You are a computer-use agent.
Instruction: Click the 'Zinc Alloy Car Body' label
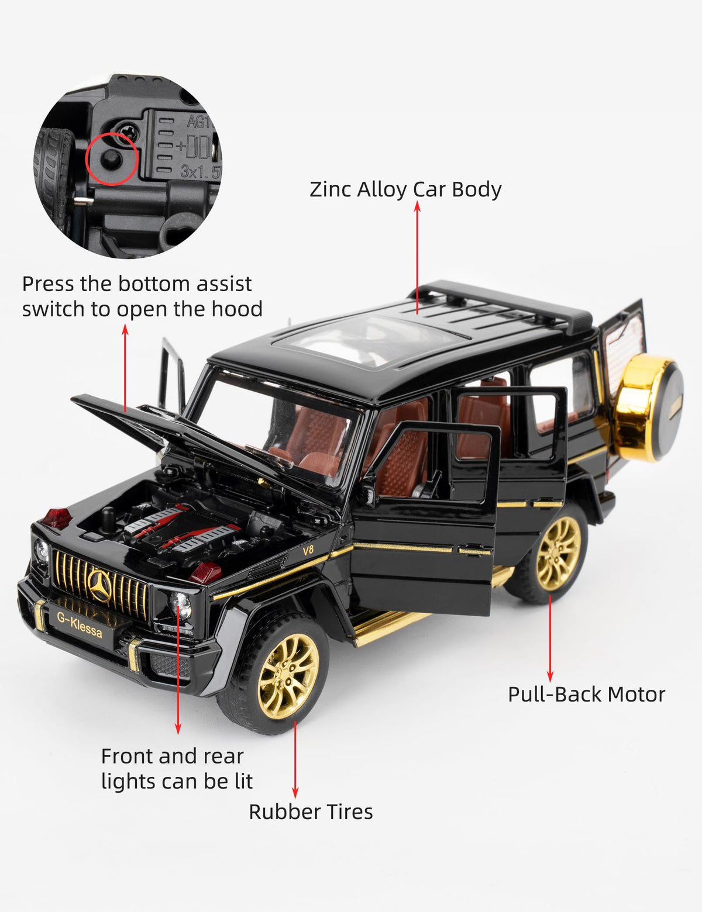405,189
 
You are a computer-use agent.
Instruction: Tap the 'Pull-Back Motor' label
587,694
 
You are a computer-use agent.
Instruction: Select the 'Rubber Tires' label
311,811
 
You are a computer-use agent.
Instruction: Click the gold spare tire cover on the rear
647,407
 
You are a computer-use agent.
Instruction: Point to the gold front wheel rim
288,676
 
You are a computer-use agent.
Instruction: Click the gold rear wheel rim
559,554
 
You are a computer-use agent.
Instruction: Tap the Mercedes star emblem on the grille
100,586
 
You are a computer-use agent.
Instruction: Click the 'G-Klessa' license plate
80,626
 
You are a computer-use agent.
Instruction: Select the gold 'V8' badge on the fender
308,550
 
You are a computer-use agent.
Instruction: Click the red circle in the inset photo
112,158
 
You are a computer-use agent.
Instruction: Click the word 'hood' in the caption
237,309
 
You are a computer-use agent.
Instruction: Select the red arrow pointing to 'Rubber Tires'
295,759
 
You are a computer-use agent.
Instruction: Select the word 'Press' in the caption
49,284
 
